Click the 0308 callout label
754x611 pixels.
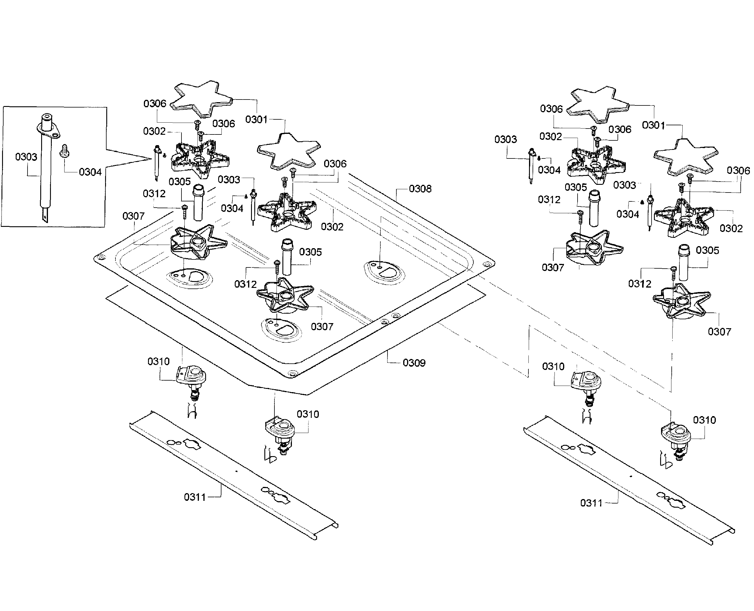(x=420, y=189)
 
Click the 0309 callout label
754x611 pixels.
(x=414, y=363)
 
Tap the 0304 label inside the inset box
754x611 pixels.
(x=90, y=172)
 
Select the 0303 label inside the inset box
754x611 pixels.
(x=26, y=157)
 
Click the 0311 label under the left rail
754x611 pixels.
(x=194, y=497)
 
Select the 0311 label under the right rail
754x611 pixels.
(x=591, y=503)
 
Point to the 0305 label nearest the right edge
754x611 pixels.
(x=707, y=251)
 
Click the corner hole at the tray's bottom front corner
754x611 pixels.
(x=291, y=373)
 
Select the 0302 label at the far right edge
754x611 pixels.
(x=731, y=228)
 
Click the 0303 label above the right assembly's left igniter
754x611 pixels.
(x=506, y=139)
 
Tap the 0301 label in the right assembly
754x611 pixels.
(x=653, y=125)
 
